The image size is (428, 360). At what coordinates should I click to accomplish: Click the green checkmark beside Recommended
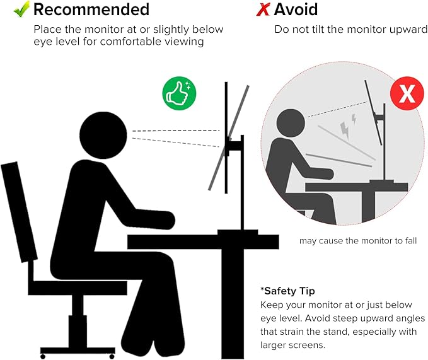[x=21, y=9]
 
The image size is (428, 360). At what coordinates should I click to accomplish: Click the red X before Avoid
[x=263, y=10]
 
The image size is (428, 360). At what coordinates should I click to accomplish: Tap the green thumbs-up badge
[x=180, y=93]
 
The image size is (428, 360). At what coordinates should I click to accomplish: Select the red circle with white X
[x=407, y=93]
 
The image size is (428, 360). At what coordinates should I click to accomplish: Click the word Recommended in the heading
[x=91, y=9]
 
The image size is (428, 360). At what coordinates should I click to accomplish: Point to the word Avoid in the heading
[x=296, y=9]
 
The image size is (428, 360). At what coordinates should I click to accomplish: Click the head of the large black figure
[x=103, y=135]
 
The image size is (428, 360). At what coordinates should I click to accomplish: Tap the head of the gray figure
[x=291, y=124]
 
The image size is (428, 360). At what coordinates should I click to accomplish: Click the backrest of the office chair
[x=19, y=212]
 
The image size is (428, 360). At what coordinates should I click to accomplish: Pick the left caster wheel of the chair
[x=43, y=356]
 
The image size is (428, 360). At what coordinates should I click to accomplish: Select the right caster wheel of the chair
[x=112, y=356]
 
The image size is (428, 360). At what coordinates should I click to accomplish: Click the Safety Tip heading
[x=287, y=291]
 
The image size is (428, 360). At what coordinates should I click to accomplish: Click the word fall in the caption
[x=411, y=241]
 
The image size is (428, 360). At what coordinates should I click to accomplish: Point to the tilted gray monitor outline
[x=229, y=138]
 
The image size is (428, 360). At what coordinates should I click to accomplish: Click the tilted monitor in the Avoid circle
[x=373, y=112]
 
